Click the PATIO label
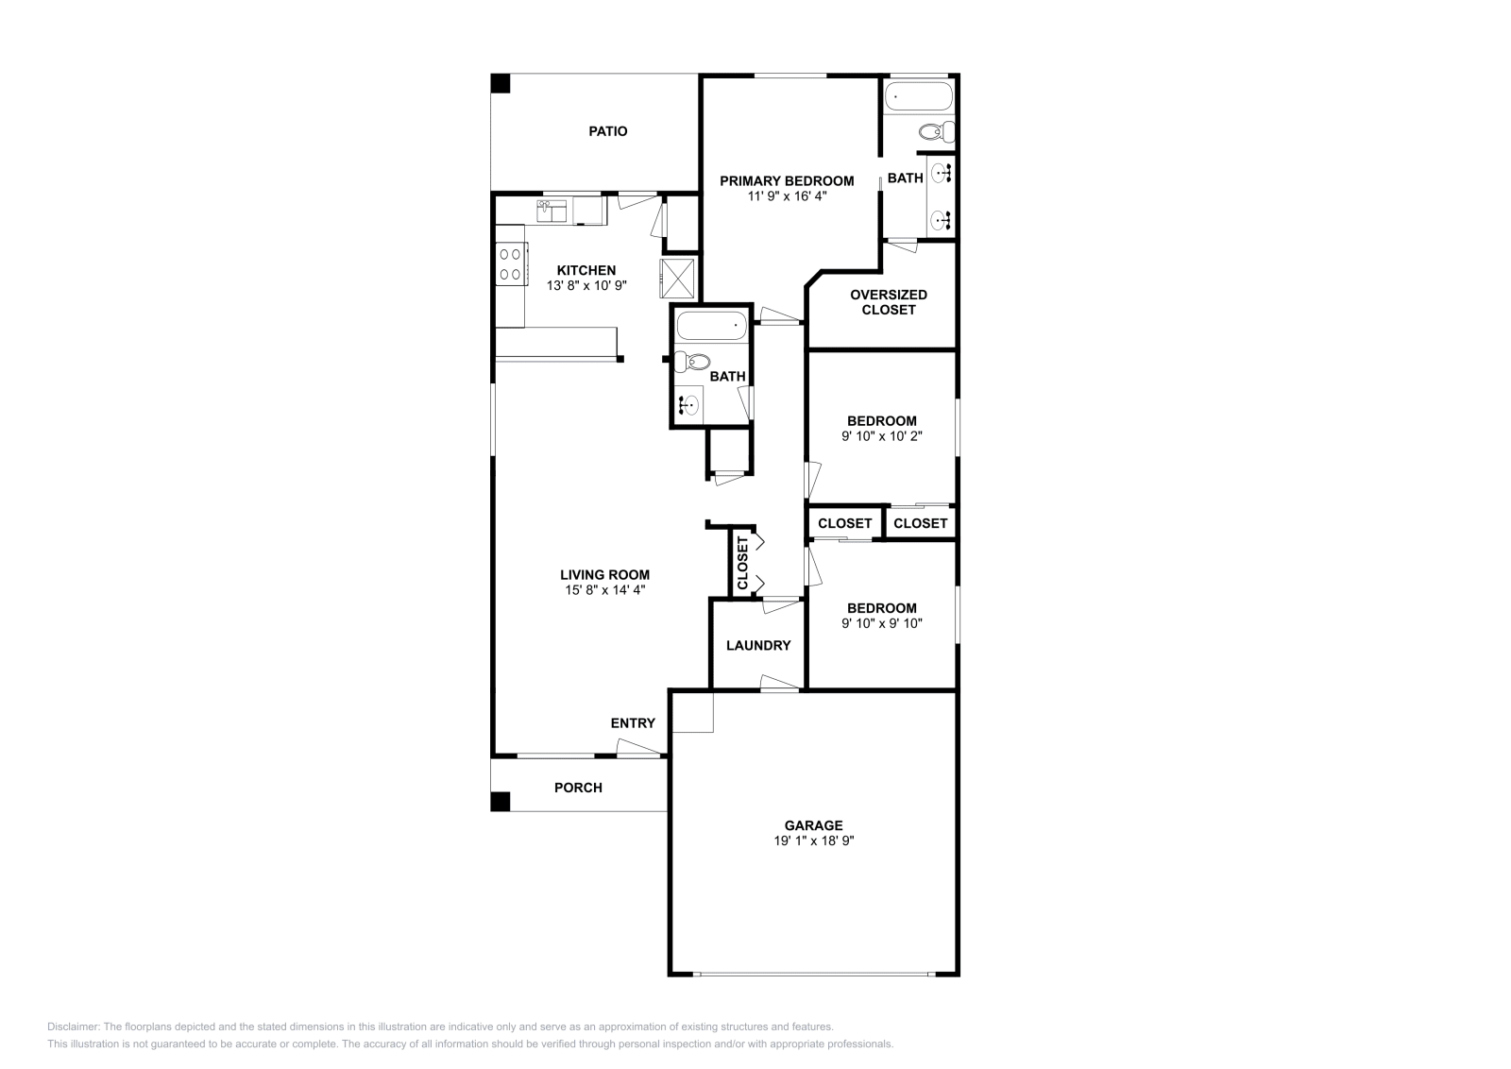click(x=608, y=131)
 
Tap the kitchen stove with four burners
click(x=511, y=264)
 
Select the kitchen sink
click(x=552, y=212)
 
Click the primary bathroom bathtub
click(x=918, y=96)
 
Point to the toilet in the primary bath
click(x=936, y=131)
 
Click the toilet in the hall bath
click(x=691, y=363)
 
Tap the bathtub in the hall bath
click(x=712, y=327)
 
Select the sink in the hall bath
click(x=689, y=405)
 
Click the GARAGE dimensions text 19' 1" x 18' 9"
click(x=813, y=841)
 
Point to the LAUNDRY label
click(x=758, y=645)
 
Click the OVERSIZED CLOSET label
click(x=889, y=302)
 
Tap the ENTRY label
click(x=633, y=723)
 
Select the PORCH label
click(x=578, y=788)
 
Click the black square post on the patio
click(x=500, y=84)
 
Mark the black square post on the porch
click(x=500, y=801)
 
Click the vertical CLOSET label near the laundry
click(x=742, y=563)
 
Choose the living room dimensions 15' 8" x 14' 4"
click(x=605, y=590)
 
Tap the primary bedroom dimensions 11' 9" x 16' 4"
click(x=787, y=196)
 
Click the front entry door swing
click(x=638, y=748)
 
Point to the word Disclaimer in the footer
click(x=74, y=1027)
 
